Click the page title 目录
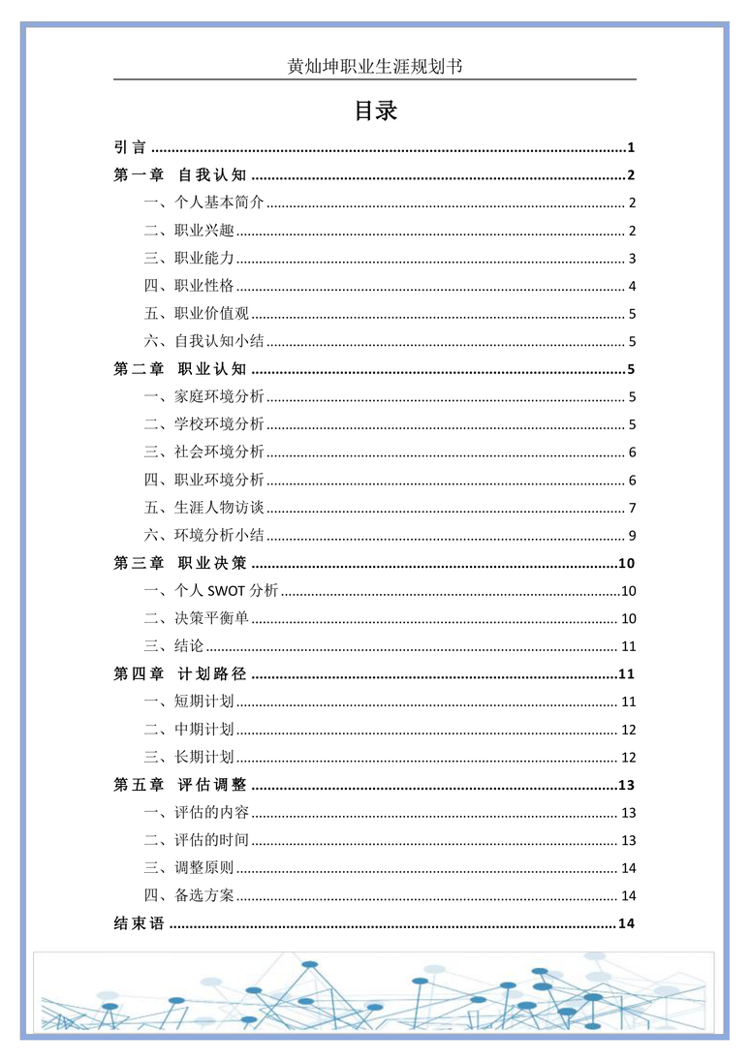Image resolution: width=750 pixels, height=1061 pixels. click(x=375, y=111)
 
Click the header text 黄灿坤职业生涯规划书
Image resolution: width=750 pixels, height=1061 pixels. click(x=374, y=66)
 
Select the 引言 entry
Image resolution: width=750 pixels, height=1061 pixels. click(x=131, y=148)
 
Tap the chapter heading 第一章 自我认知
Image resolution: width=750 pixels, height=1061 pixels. click(x=180, y=175)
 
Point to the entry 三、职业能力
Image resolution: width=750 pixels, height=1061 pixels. click(x=190, y=259)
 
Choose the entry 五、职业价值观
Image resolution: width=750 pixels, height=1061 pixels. click(x=197, y=314)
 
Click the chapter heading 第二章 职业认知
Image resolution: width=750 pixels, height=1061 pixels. click(x=180, y=369)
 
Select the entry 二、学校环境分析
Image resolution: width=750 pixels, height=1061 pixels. click(x=204, y=424)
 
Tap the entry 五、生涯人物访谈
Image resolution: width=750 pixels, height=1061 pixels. click(x=204, y=508)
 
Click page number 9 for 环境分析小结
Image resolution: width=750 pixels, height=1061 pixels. click(x=631, y=536)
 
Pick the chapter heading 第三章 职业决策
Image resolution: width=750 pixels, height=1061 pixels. click(x=180, y=563)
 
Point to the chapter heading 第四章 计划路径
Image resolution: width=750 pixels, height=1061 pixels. click(x=180, y=674)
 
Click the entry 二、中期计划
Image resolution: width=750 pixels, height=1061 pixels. click(x=190, y=730)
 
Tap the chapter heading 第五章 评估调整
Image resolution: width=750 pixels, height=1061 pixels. click(x=180, y=785)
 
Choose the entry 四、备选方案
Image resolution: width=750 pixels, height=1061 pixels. click(x=190, y=895)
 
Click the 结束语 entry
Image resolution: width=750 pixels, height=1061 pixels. click(x=140, y=923)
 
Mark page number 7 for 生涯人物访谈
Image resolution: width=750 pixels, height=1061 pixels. click(x=631, y=508)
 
